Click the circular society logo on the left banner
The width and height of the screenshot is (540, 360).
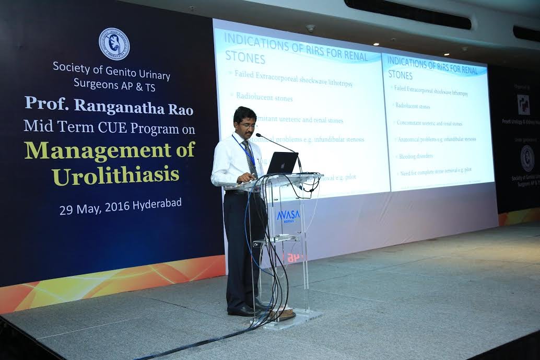click(x=114, y=44)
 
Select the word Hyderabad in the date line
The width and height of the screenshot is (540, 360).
click(x=157, y=204)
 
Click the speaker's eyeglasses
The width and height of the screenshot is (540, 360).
click(x=248, y=125)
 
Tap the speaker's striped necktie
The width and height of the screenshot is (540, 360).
click(x=250, y=157)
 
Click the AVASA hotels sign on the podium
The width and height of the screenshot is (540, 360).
click(x=288, y=215)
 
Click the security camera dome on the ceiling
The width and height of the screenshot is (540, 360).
click(x=311, y=28)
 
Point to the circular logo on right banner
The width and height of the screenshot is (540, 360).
click(x=527, y=158)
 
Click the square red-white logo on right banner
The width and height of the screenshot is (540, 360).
click(x=523, y=104)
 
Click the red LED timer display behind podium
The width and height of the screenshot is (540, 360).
click(x=294, y=257)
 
